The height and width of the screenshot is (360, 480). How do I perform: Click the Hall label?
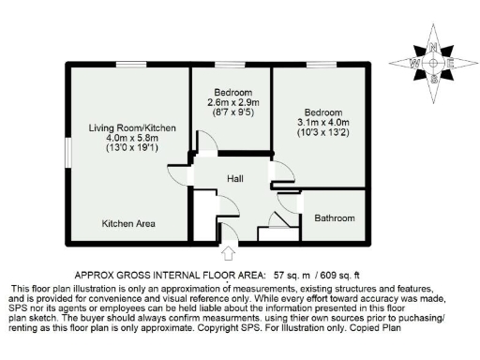tap(235, 177)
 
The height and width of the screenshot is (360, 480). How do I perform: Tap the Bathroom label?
tap(335, 218)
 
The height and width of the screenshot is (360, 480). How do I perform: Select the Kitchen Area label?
tap(128, 223)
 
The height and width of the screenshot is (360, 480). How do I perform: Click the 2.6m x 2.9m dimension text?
tap(231, 101)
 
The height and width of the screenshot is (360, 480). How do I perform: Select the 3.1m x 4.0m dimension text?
tap(323, 121)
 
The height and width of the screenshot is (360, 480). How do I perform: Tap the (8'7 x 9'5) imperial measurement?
tap(231, 112)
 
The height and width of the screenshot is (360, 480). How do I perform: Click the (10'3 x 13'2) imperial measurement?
tap(323, 132)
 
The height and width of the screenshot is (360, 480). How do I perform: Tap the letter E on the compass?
tap(451, 63)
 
